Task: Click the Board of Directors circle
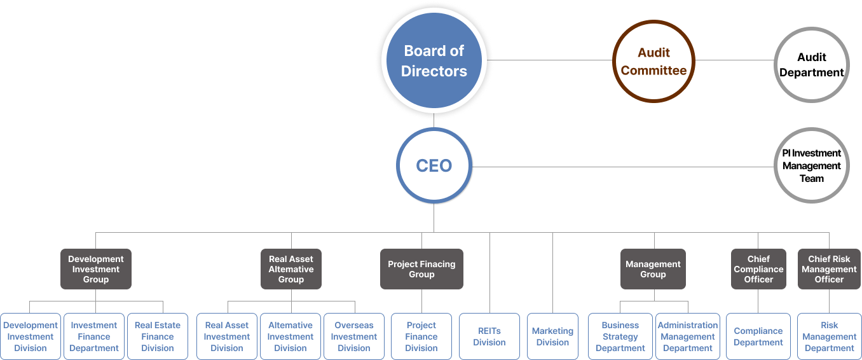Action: (434, 61)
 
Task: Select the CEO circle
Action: (434, 166)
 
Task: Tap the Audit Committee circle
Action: (653, 61)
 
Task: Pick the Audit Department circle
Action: (811, 64)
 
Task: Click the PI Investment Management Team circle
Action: (811, 166)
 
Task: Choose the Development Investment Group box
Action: (96, 269)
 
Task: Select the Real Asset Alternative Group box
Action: (291, 269)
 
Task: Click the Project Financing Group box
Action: (421, 269)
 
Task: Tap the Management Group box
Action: (653, 269)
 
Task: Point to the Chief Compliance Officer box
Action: (758, 269)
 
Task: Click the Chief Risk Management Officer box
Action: (829, 269)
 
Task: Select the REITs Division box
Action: (489, 336)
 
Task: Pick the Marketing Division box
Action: (552, 336)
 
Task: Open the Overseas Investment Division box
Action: (354, 336)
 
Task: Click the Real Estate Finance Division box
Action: (158, 336)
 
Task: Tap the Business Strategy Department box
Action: (620, 336)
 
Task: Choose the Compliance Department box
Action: (758, 336)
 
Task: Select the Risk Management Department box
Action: (829, 336)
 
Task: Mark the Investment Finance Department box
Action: (94, 336)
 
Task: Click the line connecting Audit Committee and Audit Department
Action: (734, 60)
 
